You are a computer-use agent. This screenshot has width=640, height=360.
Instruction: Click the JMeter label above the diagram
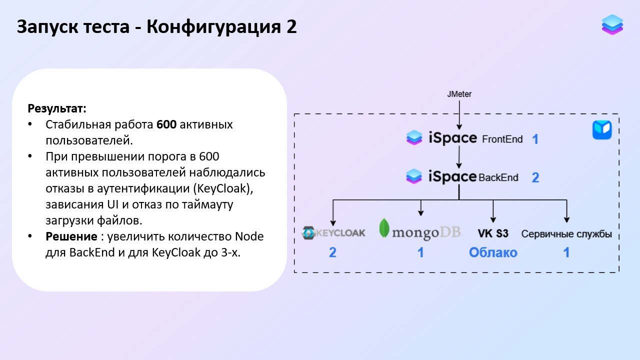pyautogui.click(x=459, y=94)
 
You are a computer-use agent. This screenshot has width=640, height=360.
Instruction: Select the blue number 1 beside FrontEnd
pyautogui.click(x=535, y=139)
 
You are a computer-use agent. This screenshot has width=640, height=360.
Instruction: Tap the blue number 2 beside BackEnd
pyautogui.click(x=535, y=177)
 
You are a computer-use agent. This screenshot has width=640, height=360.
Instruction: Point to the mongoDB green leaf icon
pyautogui.click(x=384, y=228)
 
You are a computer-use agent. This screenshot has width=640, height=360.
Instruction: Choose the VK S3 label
pyautogui.click(x=493, y=233)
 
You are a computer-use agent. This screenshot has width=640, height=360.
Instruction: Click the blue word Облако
pyautogui.click(x=493, y=252)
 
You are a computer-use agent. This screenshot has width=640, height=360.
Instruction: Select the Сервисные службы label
pyautogui.click(x=566, y=234)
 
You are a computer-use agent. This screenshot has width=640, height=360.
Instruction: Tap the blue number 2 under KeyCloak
pyautogui.click(x=332, y=252)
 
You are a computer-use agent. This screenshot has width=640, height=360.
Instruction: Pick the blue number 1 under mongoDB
pyautogui.click(x=420, y=252)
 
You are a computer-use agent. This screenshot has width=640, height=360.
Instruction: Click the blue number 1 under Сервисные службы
pyautogui.click(x=566, y=252)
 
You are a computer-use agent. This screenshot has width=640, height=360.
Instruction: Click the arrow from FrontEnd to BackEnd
pyautogui.click(x=459, y=157)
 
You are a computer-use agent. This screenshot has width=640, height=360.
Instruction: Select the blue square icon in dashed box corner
pyautogui.click(x=602, y=130)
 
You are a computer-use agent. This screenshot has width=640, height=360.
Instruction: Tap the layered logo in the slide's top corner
pyautogui.click(x=612, y=24)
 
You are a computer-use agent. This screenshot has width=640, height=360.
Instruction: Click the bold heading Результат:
pyautogui.click(x=57, y=108)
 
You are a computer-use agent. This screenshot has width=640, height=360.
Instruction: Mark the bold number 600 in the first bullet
pyautogui.click(x=166, y=124)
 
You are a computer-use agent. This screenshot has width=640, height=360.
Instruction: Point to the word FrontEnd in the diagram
pyautogui.click(x=502, y=139)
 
